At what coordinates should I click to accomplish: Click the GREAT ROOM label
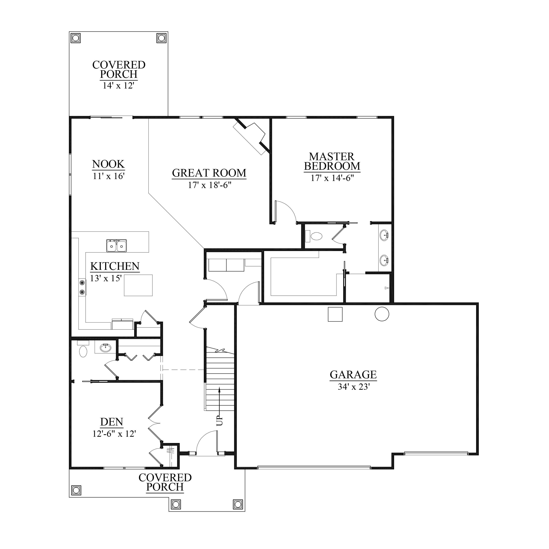point(209,173)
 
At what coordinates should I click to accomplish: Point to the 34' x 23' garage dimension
point(353,387)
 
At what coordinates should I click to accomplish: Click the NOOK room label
point(108,164)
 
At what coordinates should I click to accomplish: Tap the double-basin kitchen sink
point(116,245)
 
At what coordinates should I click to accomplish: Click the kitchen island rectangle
point(138,285)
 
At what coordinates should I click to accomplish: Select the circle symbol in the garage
point(382,314)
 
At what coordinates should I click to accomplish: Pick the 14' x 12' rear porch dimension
point(119,85)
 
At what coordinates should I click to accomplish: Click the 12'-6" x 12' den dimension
point(114,434)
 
